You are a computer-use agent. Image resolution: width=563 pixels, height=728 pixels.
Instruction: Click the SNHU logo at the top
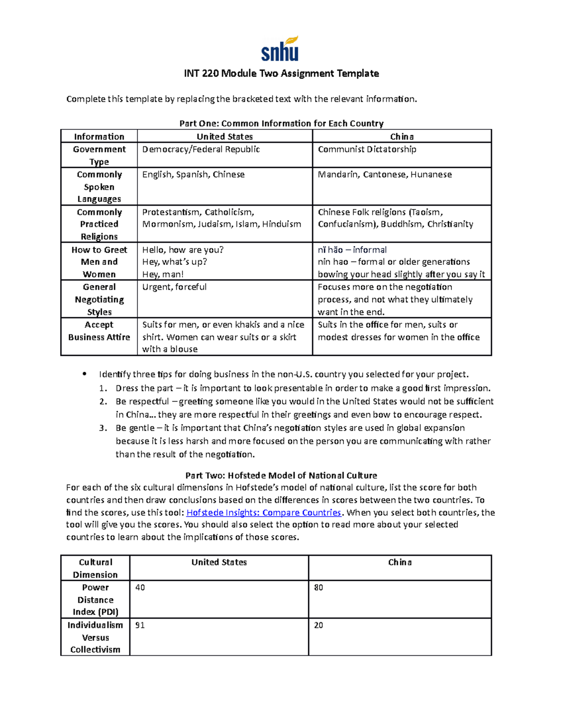point(280,49)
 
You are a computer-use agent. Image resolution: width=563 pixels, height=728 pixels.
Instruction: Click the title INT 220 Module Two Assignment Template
point(281,74)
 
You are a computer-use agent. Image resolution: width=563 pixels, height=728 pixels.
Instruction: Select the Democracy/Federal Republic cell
point(201,150)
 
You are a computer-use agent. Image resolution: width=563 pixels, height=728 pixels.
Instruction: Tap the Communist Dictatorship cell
point(367,150)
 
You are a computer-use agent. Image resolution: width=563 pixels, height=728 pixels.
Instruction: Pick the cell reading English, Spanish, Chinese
point(193,174)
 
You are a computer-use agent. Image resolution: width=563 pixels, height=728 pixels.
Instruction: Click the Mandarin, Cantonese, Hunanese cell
point(385,174)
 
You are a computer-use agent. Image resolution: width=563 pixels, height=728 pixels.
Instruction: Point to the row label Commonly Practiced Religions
point(99,224)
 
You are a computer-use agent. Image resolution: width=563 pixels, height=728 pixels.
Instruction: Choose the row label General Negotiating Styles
point(99,300)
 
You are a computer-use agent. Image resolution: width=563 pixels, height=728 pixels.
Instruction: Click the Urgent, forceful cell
point(174,287)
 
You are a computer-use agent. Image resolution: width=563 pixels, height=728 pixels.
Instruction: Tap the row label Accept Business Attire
point(99,331)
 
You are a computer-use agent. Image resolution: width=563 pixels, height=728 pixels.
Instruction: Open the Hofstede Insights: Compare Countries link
point(264,512)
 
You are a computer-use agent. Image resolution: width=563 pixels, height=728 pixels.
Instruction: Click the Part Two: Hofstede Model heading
point(281,475)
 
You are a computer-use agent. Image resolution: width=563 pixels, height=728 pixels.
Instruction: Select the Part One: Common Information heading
point(281,124)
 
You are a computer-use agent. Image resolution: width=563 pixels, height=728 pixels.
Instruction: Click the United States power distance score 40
point(140,588)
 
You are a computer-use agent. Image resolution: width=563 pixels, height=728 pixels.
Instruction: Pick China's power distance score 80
point(319,588)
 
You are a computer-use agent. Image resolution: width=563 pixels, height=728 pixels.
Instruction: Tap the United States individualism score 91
point(140,625)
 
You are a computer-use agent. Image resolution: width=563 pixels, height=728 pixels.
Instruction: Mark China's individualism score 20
point(319,625)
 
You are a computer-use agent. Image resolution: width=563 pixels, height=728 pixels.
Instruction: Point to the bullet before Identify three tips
point(84,374)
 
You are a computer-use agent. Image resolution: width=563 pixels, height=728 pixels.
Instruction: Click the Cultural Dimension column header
point(95,568)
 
